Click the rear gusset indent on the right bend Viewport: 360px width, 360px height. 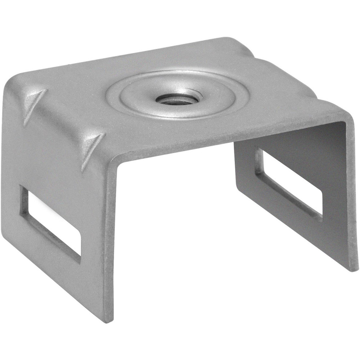tap(248, 54)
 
